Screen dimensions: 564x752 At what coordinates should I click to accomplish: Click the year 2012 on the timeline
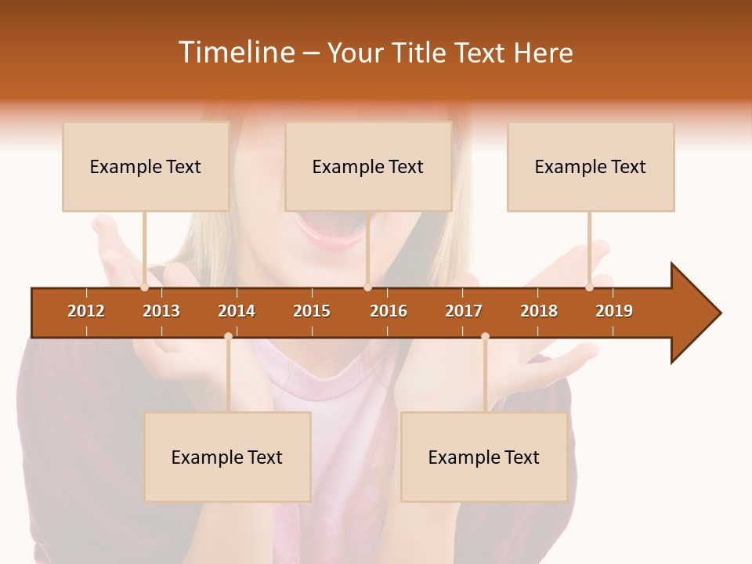(x=86, y=311)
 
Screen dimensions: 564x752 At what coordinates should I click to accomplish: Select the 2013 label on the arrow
(x=161, y=311)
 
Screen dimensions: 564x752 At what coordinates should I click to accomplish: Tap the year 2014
(x=237, y=311)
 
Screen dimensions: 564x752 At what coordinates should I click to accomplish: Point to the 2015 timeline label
(x=312, y=311)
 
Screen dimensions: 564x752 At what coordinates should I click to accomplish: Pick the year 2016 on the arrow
(x=389, y=311)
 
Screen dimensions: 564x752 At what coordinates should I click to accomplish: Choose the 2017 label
(x=464, y=311)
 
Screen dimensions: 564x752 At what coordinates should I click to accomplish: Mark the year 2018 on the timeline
(x=539, y=311)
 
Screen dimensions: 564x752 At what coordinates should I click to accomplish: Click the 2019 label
(x=614, y=311)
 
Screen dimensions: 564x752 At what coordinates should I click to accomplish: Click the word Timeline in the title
(x=236, y=52)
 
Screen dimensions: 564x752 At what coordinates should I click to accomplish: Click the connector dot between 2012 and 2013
(x=145, y=287)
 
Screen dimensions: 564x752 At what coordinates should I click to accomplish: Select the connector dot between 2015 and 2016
(x=367, y=287)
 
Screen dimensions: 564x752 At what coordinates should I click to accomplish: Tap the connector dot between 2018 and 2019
(x=589, y=287)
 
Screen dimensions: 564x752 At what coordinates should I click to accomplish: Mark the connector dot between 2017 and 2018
(x=485, y=337)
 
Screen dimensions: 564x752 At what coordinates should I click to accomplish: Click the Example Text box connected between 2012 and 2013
(x=146, y=167)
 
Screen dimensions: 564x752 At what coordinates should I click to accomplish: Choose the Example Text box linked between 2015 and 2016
(x=368, y=167)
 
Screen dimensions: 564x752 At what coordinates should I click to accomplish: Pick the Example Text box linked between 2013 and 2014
(x=227, y=457)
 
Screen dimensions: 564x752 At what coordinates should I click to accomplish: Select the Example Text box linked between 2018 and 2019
(x=591, y=167)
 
